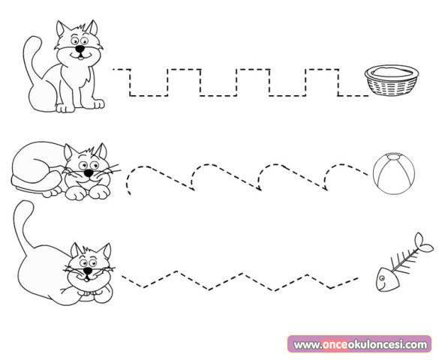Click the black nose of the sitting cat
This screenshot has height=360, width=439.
click(80, 49)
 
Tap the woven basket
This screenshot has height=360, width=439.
click(392, 80)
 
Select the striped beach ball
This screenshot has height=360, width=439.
click(394, 173)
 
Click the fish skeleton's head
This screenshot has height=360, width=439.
click(387, 279)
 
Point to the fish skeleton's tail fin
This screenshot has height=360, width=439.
click(423, 244)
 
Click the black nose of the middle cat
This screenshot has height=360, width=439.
click(89, 173)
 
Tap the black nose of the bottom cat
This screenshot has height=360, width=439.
click(88, 271)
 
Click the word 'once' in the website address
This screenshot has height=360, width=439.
click(335, 344)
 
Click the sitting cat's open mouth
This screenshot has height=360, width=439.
click(80, 58)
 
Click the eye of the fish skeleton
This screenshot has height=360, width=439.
click(381, 277)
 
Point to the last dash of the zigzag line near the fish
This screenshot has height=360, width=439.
click(354, 278)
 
